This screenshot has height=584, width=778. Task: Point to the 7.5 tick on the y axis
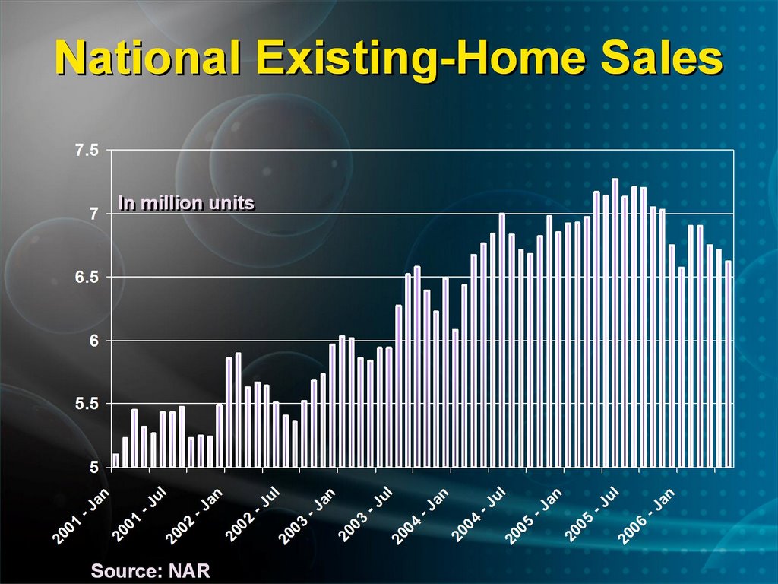point(87,150)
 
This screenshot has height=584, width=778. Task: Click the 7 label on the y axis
point(93,214)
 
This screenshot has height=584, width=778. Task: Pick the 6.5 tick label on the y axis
point(87,277)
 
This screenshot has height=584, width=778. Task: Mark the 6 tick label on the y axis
point(93,341)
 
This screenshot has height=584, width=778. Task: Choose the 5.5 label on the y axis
point(87,405)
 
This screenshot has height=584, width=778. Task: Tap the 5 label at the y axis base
point(93,468)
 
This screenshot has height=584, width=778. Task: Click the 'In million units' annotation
point(187,203)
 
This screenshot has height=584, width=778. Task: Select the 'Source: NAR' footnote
point(150,570)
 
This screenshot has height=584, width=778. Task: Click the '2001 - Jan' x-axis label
point(81,516)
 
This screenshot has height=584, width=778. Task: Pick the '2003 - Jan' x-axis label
point(307,516)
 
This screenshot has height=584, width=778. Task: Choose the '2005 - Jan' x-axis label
point(534,516)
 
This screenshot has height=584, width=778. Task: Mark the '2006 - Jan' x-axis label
point(647,516)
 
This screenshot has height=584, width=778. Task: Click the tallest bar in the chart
point(615,322)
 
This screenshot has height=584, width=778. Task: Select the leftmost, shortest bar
point(116,460)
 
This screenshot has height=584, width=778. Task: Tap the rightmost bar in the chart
point(729,364)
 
